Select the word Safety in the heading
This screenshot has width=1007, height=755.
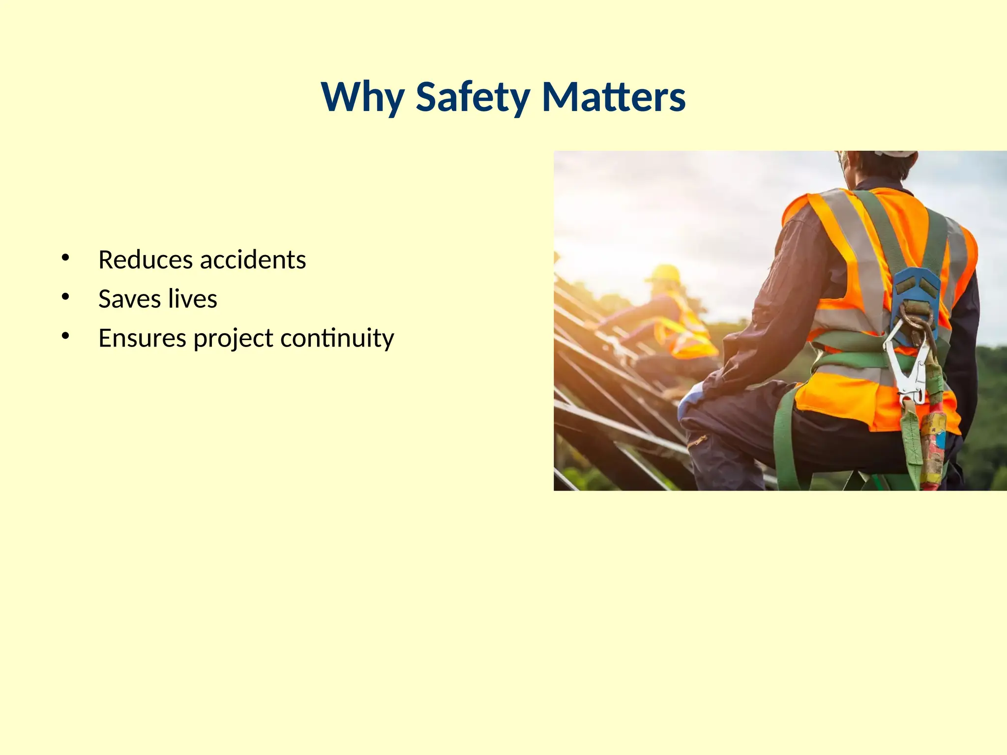[x=473, y=97]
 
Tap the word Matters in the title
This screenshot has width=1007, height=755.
[x=613, y=97]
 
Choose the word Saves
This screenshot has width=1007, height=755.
[x=129, y=299]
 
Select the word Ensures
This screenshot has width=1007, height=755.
[x=142, y=338]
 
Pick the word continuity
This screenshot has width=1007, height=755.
[x=337, y=338]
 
